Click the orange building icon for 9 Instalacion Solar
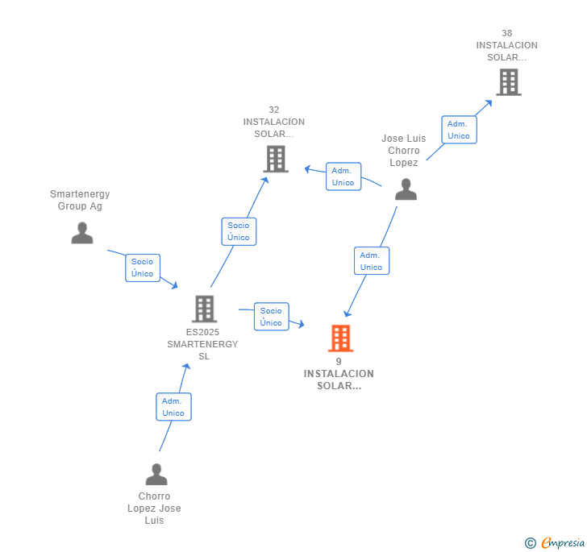[x=340, y=338]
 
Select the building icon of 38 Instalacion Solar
[x=508, y=82]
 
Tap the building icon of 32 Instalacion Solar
[x=277, y=159]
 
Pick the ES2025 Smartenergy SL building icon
[x=204, y=309]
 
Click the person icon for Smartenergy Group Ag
[x=81, y=233]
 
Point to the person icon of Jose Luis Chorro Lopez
[x=406, y=189]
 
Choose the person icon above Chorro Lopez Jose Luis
[x=156, y=474]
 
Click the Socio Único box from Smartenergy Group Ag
[x=143, y=268]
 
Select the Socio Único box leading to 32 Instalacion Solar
[x=239, y=231]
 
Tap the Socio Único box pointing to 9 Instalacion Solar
[x=271, y=317]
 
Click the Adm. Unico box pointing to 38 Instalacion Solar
[x=459, y=130]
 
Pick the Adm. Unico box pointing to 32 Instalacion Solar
[x=343, y=176]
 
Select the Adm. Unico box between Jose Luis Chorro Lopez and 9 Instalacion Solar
[x=371, y=261]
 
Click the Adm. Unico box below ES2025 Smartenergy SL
[x=173, y=407]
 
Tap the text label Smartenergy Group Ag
[x=80, y=200]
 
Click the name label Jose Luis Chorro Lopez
[x=404, y=151]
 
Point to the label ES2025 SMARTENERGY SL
[x=202, y=344]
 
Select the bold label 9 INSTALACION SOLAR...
[x=339, y=374]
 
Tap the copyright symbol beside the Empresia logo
[x=531, y=543]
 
